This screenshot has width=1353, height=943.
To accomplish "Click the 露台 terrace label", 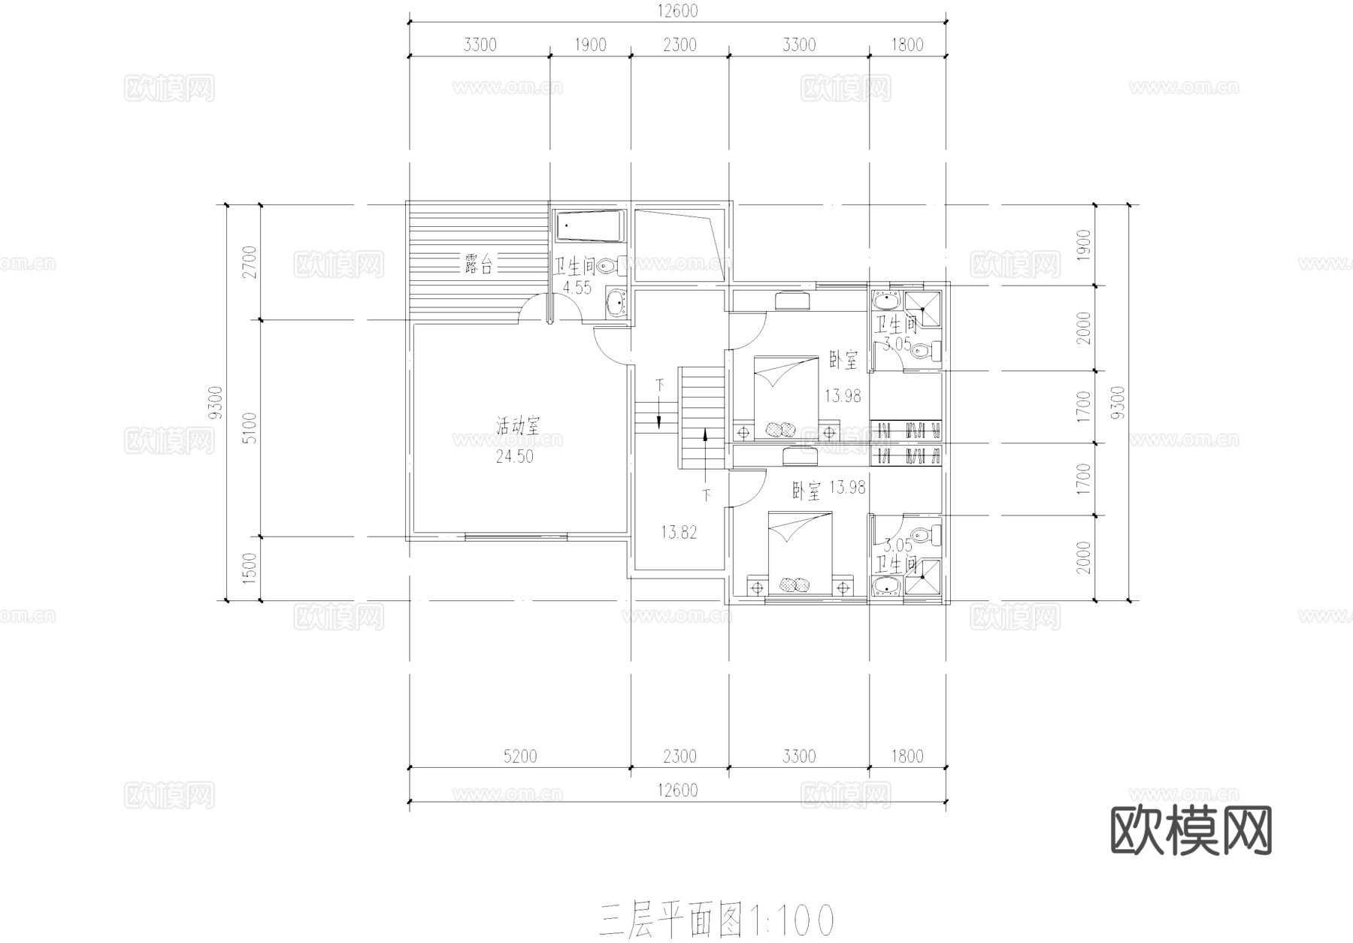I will (479, 264).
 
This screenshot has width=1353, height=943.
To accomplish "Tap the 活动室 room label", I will (517, 427).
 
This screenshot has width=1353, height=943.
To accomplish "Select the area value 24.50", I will (515, 456).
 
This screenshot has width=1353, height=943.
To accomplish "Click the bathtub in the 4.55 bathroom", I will (590, 226).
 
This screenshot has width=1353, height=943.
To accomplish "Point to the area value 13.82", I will (679, 533).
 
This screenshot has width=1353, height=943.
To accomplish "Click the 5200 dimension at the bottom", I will (519, 756).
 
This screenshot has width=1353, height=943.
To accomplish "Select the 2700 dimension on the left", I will (250, 261).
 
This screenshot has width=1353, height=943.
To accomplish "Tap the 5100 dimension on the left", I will (250, 428).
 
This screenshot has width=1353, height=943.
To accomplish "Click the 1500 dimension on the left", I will (250, 568).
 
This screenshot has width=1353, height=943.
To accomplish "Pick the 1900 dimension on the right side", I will (1083, 244).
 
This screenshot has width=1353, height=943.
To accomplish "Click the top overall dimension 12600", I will (677, 11).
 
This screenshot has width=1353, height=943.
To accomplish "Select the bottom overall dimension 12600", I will (677, 790).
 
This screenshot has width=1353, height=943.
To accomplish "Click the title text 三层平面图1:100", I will (716, 920).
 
